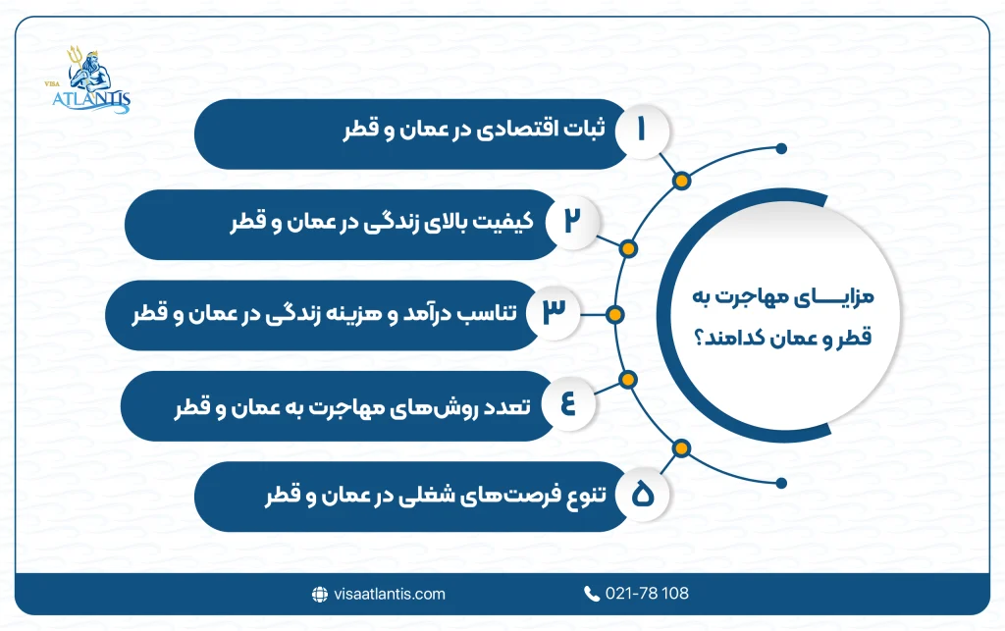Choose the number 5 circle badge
[642, 496]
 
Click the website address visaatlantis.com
[389, 594]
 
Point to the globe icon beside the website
[319, 594]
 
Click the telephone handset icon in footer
[592, 594]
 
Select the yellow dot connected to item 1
[679, 181]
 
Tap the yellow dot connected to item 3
[614, 314]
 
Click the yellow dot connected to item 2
[629, 247]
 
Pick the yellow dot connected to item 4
[629, 382]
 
